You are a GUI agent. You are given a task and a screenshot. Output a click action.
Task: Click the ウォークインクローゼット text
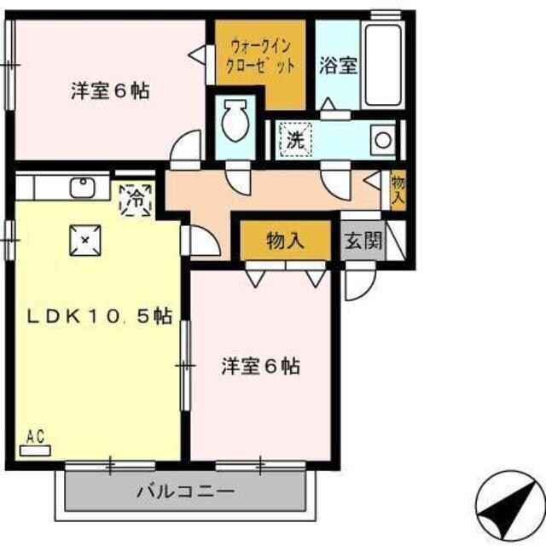click(260, 55)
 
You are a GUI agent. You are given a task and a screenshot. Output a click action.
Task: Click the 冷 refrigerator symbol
click(136, 200)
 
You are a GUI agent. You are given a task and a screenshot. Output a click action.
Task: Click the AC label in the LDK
click(34, 437)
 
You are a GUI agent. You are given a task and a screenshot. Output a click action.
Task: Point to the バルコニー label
click(186, 491)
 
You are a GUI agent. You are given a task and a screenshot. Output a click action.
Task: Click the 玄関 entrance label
click(363, 241)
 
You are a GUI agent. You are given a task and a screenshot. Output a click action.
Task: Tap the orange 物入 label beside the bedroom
click(285, 240)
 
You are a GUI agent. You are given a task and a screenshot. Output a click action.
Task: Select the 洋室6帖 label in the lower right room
click(261, 367)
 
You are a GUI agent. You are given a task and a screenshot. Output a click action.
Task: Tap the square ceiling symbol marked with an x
click(85, 240)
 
